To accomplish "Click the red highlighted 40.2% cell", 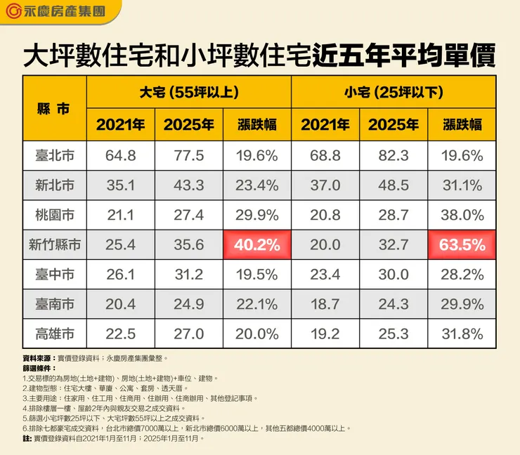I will pos(257,245).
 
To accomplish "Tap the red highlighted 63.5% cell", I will pos(462,245).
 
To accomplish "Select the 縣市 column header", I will pos(53,109).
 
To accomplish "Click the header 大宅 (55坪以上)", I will pos(188,92).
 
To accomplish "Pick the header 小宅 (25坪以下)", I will pos(393,92).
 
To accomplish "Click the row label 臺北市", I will pos(53,155).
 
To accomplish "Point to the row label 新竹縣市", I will pos(53,245).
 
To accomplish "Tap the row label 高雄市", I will pos(53,334).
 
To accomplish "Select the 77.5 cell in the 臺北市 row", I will pos(188,155).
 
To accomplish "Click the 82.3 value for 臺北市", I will pos(394,155).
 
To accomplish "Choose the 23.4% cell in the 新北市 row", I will pos(257,185).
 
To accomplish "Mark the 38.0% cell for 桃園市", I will pos(462,215).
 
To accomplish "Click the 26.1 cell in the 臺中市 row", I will pos(120,275).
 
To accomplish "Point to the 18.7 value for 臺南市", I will pos(325,305).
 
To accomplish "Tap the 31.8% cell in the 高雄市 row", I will pos(462,334).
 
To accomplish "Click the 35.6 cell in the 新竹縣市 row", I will pos(188,245).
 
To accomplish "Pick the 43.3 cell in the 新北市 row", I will pos(188,185).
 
